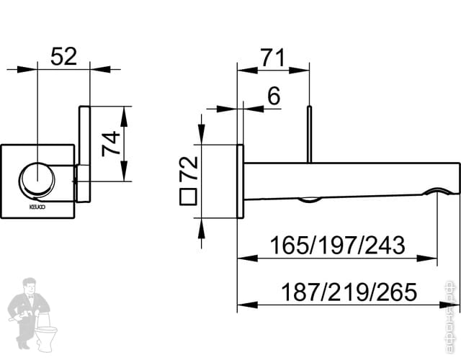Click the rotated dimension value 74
(x=109, y=143)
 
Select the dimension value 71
(x=273, y=58)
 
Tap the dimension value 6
(x=273, y=95)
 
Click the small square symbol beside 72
(x=188, y=197)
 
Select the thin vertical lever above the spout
(x=309, y=133)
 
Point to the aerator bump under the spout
(x=310, y=199)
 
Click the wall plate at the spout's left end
(x=241, y=179)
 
